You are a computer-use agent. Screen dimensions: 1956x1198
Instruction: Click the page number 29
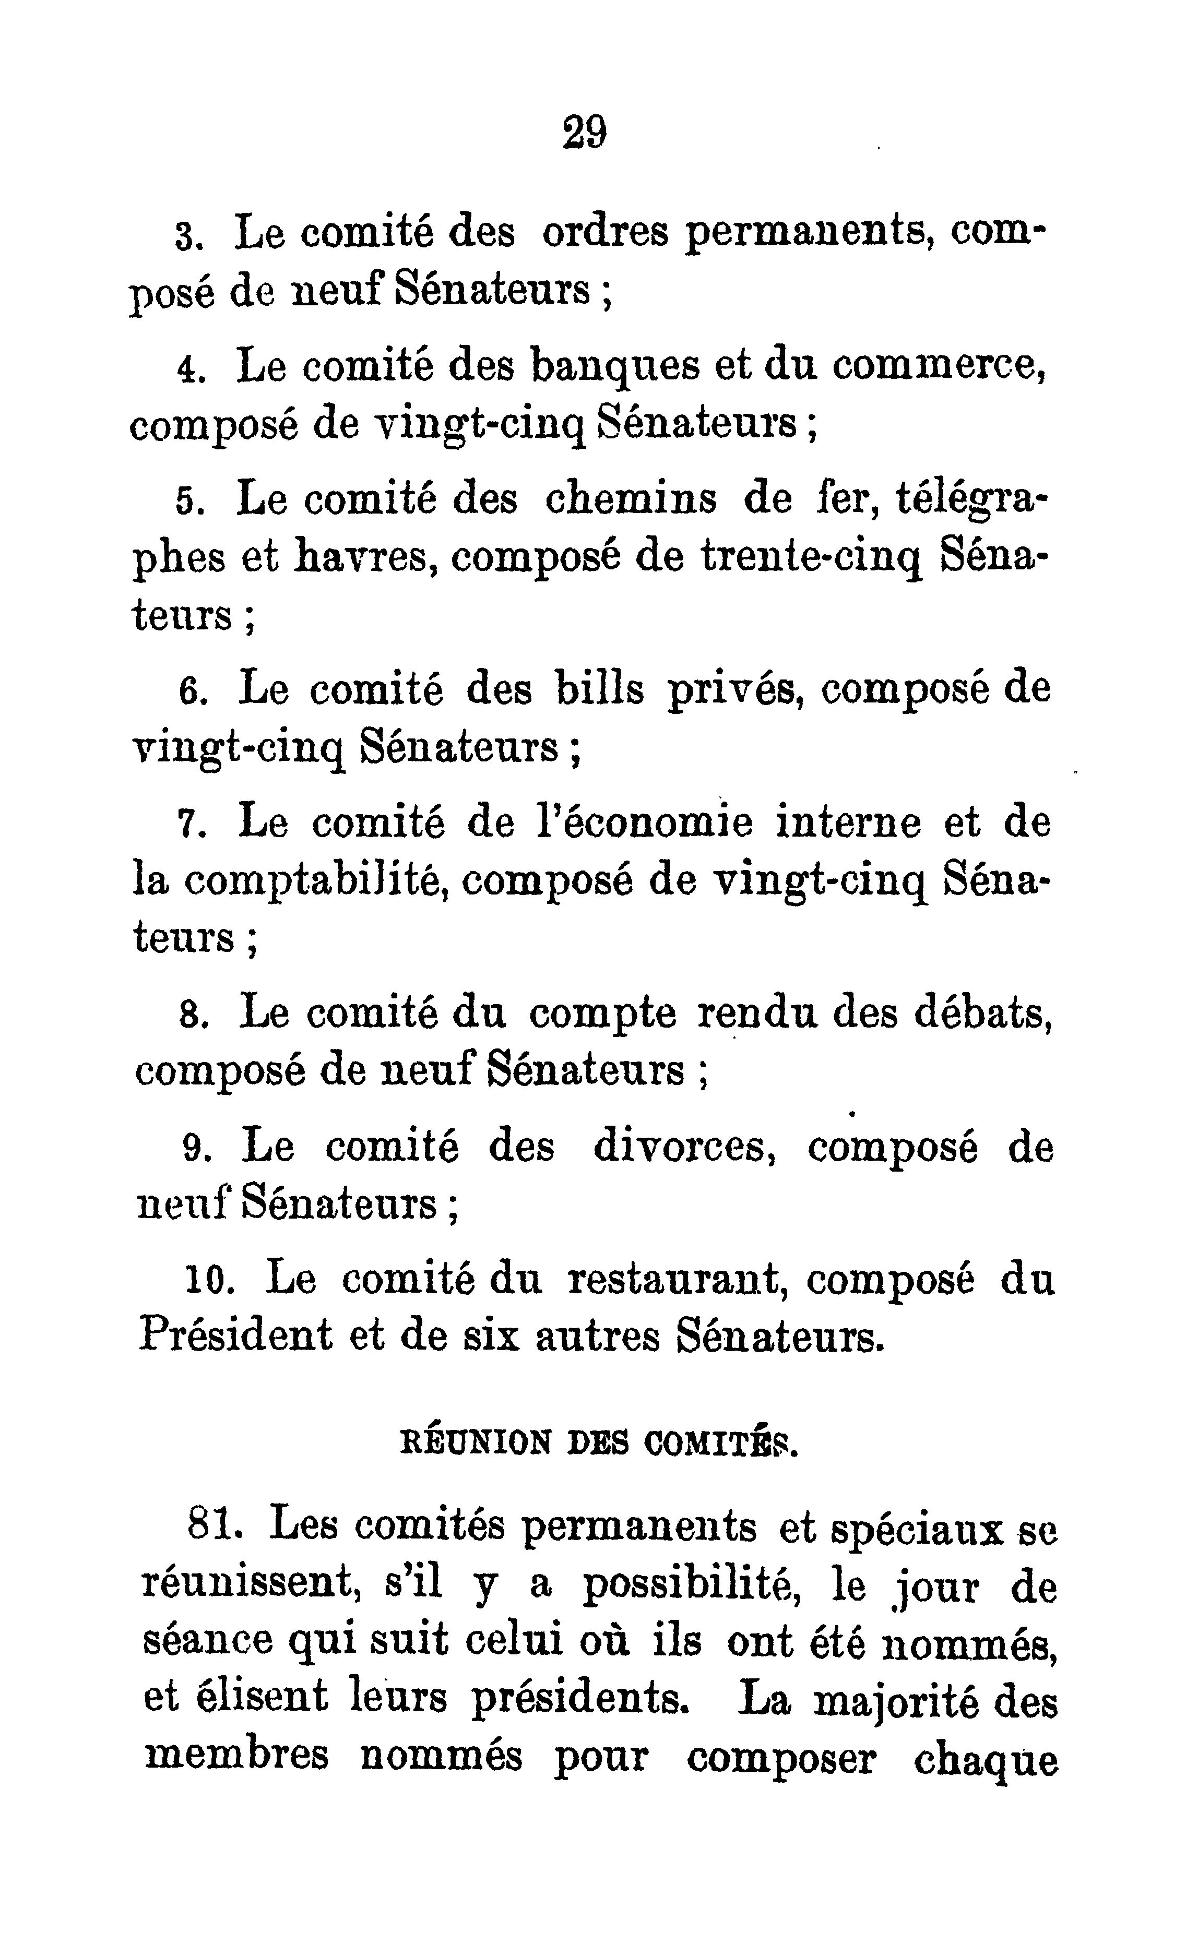click(585, 132)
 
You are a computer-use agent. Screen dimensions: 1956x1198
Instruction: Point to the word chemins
click(631, 500)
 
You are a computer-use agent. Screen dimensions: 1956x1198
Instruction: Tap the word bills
click(600, 689)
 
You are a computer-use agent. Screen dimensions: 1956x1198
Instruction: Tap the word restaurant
click(677, 1280)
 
